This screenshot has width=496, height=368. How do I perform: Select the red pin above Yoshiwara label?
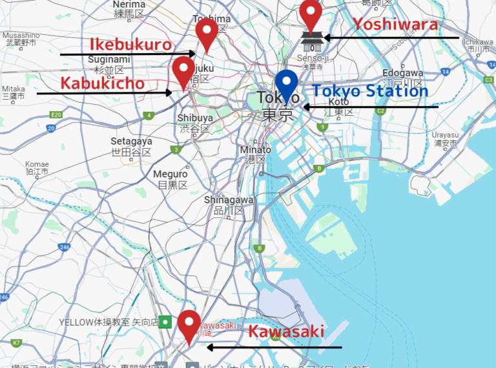point(311,14)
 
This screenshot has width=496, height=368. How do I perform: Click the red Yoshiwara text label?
point(395,25)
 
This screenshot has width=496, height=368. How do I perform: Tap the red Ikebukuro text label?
point(130,45)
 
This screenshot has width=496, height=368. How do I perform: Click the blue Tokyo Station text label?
point(370,91)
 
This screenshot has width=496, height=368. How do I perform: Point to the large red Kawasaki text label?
point(286,332)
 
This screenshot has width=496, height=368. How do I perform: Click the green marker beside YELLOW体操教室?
point(166,321)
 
